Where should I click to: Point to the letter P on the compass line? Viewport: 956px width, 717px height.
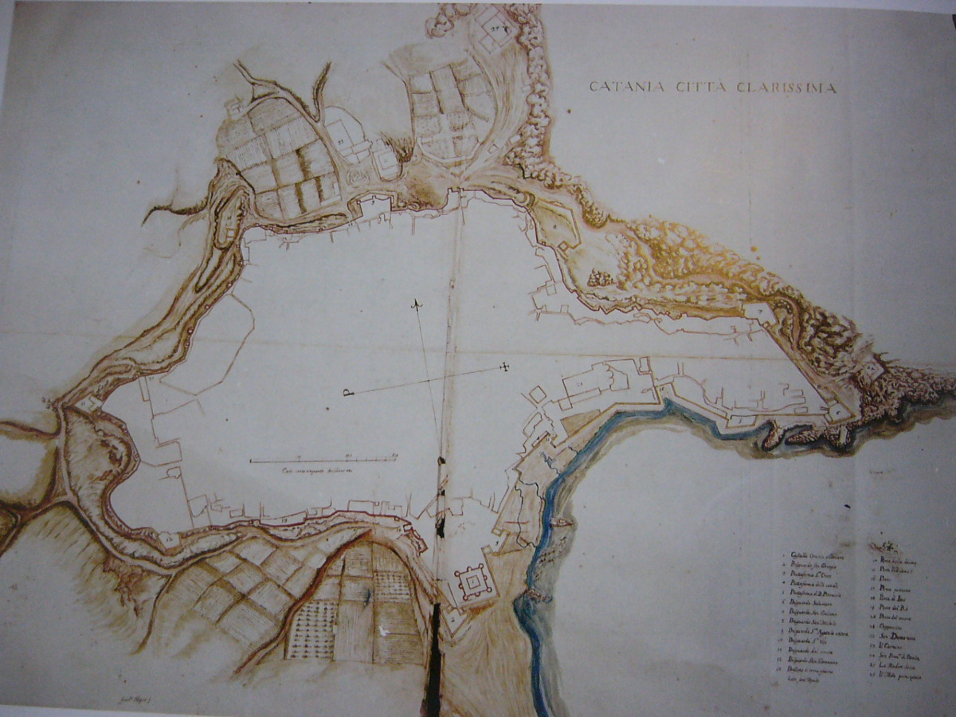click(x=347, y=392)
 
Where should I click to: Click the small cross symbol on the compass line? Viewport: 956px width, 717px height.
click(x=503, y=366)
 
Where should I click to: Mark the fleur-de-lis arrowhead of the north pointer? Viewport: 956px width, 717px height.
click(x=415, y=304)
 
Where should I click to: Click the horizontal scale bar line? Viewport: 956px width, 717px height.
click(x=323, y=460)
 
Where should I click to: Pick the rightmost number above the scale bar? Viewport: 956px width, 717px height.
click(x=394, y=455)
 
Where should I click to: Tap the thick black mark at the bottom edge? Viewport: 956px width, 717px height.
click(x=434, y=661)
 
